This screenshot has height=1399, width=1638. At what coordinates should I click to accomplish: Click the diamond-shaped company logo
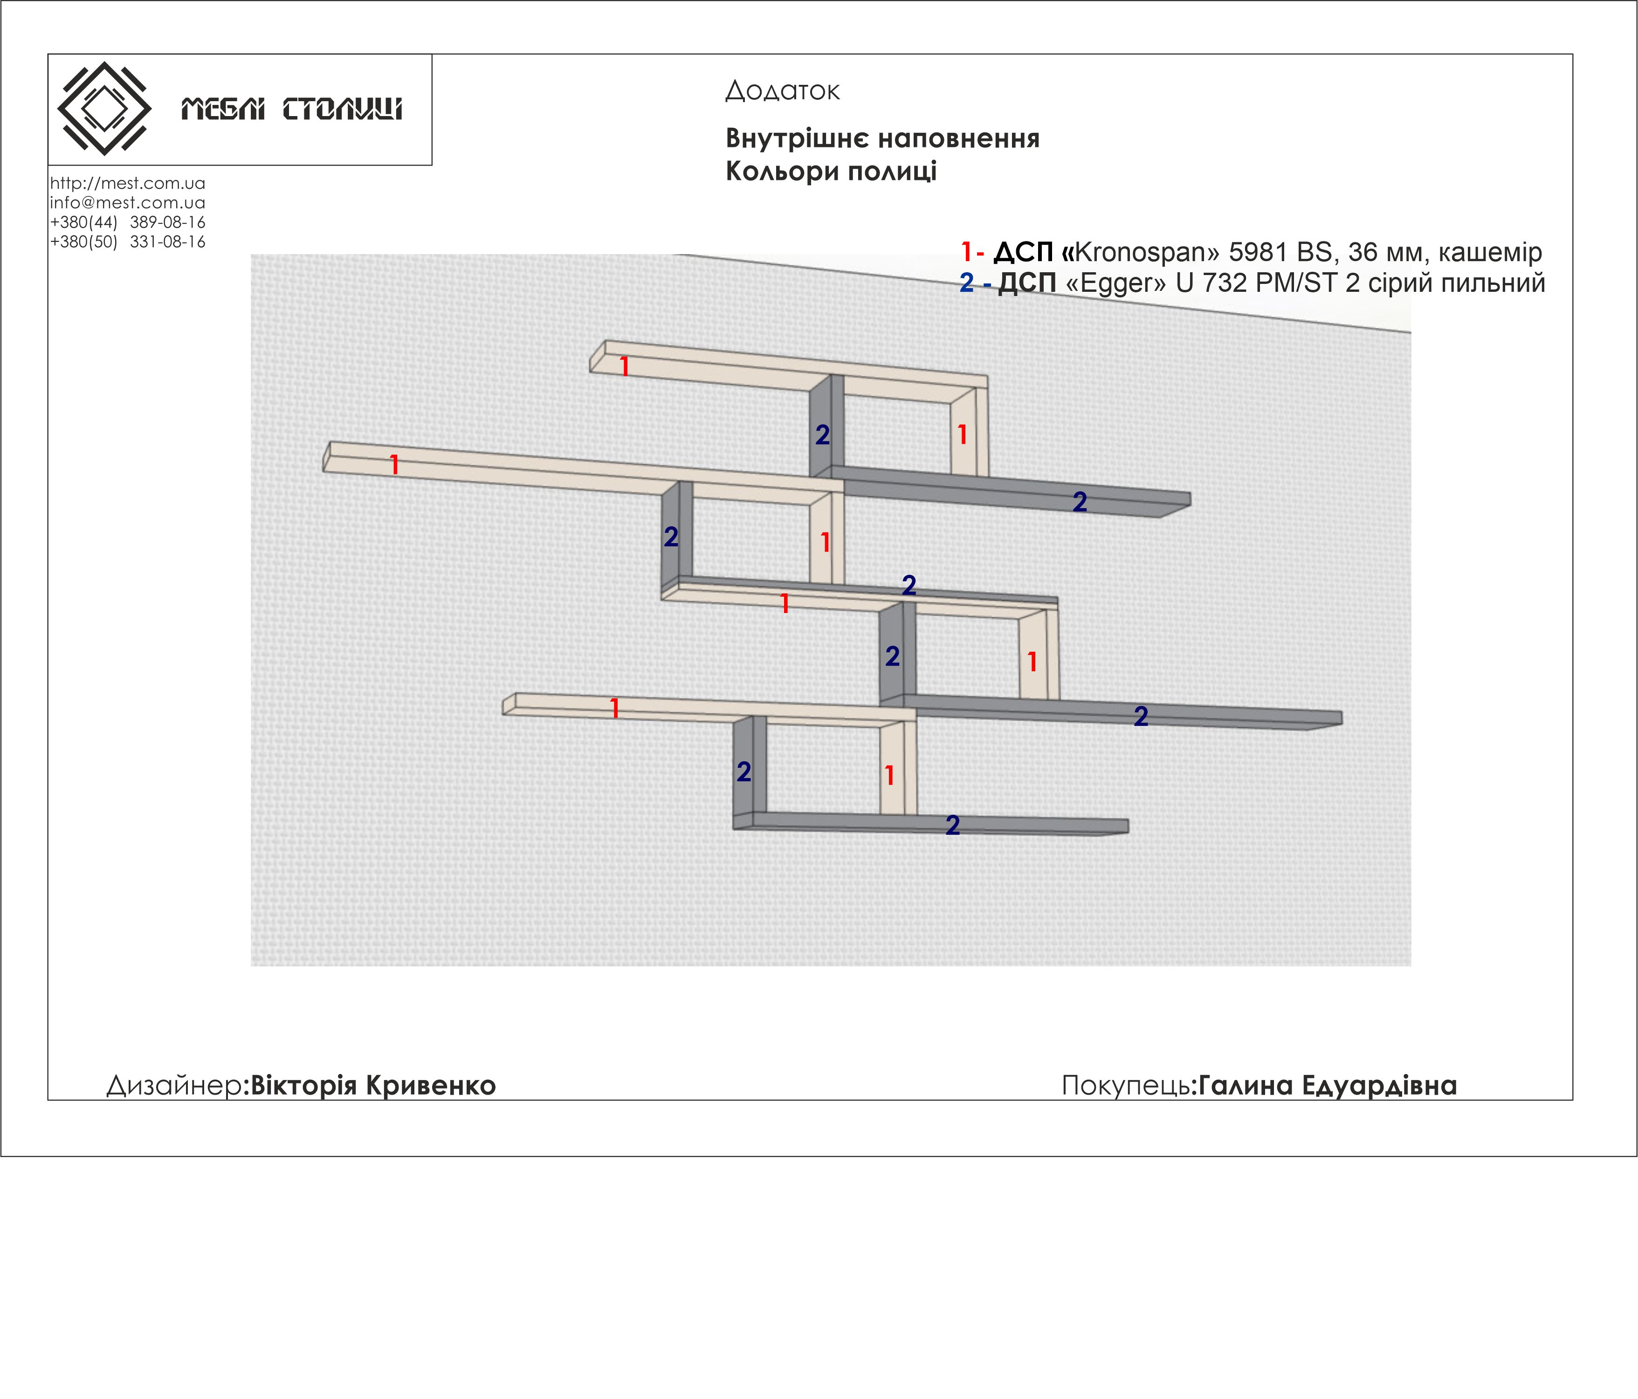[x=104, y=108]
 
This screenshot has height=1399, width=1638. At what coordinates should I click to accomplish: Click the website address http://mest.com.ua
[x=127, y=183]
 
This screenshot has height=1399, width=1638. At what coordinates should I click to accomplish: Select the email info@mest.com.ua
[x=127, y=202]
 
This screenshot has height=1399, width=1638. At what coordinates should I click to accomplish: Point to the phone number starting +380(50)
[x=127, y=242]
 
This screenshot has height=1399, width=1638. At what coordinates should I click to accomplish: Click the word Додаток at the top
[x=782, y=91]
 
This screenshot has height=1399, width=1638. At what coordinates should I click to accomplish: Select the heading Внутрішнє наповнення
[x=882, y=138]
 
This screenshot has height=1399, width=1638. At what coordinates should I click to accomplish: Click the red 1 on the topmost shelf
[x=625, y=366]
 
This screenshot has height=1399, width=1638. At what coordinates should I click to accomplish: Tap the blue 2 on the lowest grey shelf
[x=953, y=825]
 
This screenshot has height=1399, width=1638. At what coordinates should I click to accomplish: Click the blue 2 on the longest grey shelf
[x=1141, y=716]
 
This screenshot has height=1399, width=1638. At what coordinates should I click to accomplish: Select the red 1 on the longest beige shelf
[x=394, y=465]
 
